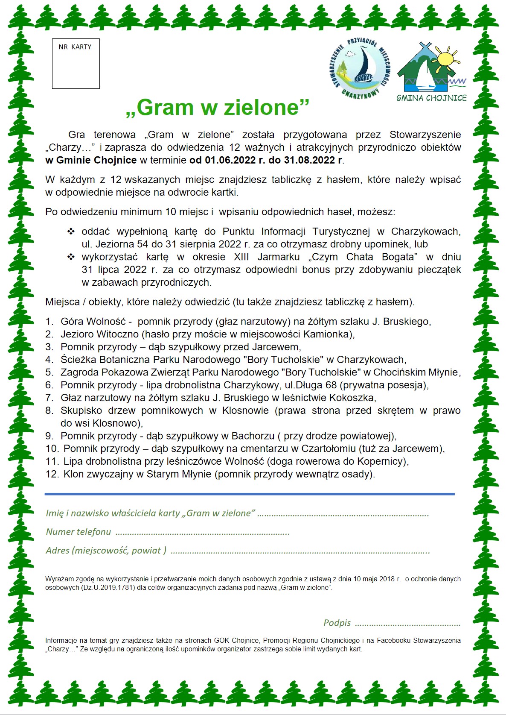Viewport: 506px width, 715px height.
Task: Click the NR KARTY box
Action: [x=76, y=64]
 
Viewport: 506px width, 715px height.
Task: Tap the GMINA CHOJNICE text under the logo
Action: [x=431, y=98]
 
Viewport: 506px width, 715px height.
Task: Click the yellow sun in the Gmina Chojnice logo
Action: [x=446, y=59]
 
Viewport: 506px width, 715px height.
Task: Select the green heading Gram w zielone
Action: [x=218, y=107]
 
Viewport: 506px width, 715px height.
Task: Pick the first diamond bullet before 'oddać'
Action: [x=71, y=231]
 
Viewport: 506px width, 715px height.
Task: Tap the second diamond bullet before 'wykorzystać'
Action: [x=71, y=257]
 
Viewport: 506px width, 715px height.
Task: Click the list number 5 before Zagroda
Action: [x=49, y=372]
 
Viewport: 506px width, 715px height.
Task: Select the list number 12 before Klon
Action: [x=52, y=474]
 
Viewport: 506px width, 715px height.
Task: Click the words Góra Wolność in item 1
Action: [x=93, y=322]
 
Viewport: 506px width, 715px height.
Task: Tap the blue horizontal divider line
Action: [x=250, y=494]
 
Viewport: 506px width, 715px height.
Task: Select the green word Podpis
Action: [x=337, y=623]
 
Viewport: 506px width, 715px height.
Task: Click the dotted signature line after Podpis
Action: [x=407, y=624]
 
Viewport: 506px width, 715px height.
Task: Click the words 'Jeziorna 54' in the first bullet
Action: [x=122, y=244]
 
